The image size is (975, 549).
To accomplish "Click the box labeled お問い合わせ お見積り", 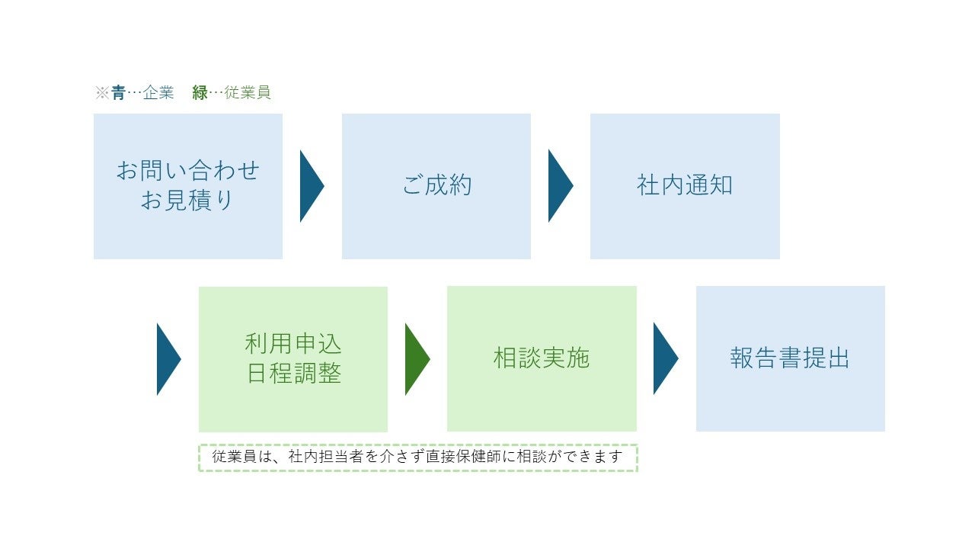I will tap(187, 186).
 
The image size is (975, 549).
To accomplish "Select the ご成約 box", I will tap(436, 186).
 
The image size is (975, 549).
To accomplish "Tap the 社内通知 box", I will tap(684, 186).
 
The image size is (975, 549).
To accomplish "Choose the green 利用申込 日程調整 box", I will tap(292, 359).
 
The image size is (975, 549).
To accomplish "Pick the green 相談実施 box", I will tap(541, 358).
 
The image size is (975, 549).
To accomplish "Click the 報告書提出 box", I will tap(790, 358).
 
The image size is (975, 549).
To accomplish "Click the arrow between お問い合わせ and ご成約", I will tap(311, 186).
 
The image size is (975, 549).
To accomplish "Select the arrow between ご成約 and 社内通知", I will tap(559, 186).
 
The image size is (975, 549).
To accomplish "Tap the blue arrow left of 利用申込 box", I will tap(168, 359).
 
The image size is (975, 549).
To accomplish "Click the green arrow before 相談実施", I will tap(416, 359).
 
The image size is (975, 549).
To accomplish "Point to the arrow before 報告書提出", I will tap(664, 358).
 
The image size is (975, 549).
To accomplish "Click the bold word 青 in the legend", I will tap(118, 93).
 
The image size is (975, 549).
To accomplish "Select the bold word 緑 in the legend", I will tap(200, 93).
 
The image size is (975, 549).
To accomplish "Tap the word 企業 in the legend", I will tap(158, 93).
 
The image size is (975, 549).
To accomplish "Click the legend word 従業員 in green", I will tap(248, 93).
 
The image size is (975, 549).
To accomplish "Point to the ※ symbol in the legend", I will tap(102, 93).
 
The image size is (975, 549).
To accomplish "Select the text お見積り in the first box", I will tap(187, 201).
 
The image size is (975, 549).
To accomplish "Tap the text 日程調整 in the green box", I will tap(293, 374).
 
